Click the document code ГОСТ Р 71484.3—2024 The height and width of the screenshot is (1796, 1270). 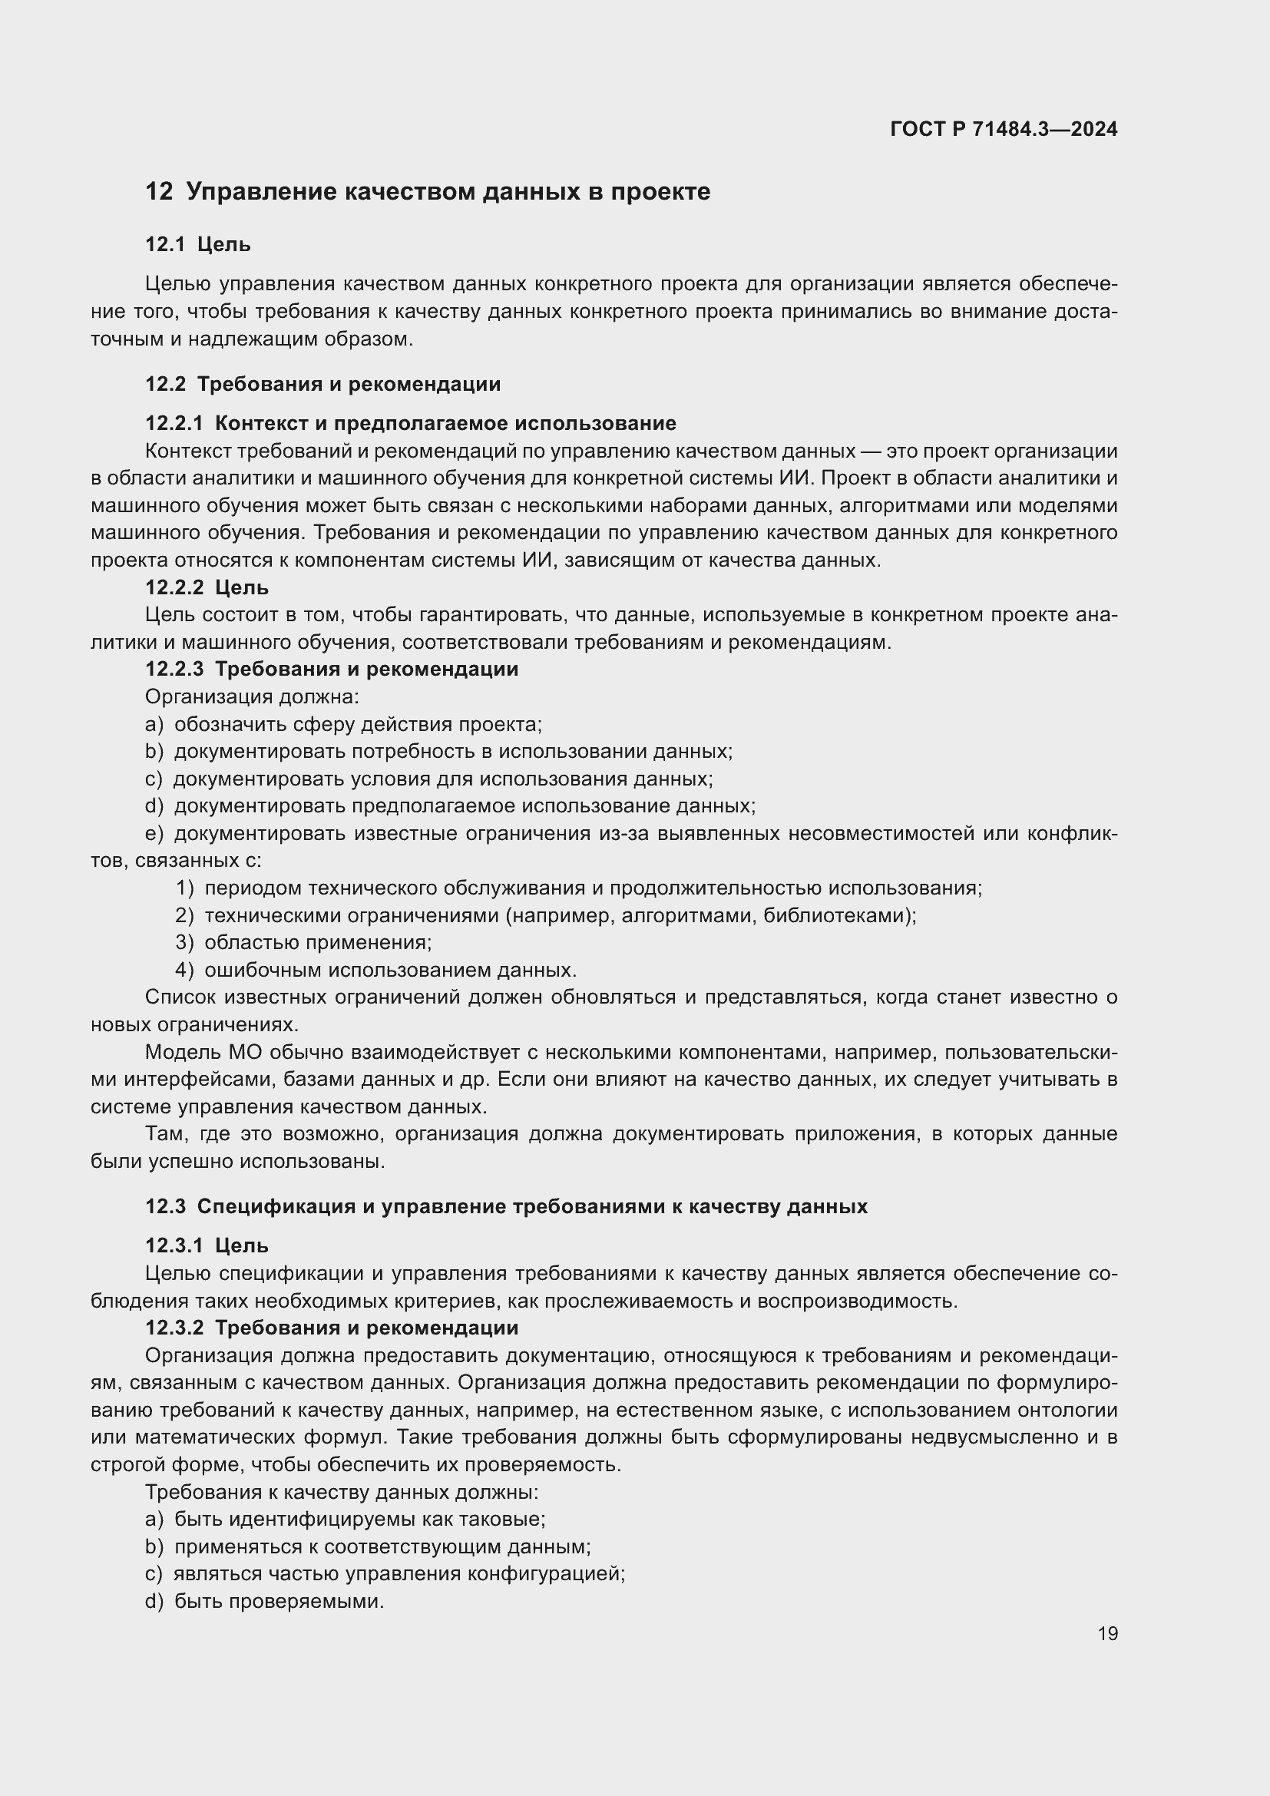point(1004,129)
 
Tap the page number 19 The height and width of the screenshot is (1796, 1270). point(1107,1633)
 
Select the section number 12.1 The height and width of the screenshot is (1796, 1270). point(165,245)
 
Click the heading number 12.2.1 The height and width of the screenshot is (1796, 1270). point(174,423)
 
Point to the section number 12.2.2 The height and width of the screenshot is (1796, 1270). point(174,587)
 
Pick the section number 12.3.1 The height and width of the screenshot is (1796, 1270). point(174,1245)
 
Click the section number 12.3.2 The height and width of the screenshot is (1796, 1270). point(174,1328)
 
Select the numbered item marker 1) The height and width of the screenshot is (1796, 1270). point(184,888)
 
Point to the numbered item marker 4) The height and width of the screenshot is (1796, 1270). point(184,970)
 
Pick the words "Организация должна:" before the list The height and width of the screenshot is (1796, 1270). point(252,696)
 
